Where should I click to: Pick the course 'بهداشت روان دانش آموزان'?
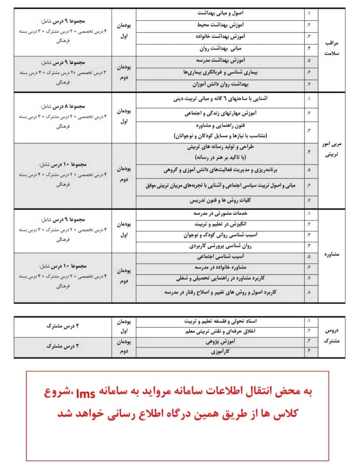[220, 84]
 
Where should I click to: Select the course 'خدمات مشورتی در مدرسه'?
[220, 214]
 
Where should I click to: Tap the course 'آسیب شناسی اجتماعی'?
[220, 257]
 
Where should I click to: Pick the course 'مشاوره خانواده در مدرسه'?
[220, 267]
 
